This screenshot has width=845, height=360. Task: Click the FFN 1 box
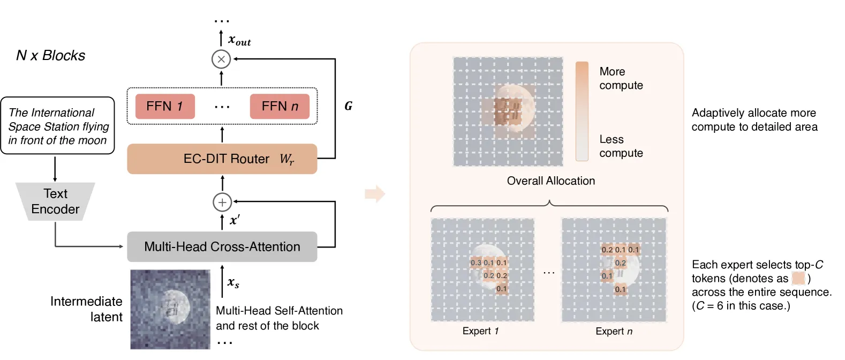[165, 107]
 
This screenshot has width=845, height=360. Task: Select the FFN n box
[280, 107]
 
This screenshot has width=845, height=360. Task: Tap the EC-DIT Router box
[222, 159]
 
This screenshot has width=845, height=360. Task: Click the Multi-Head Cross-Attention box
[222, 247]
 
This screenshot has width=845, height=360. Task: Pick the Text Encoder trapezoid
[55, 201]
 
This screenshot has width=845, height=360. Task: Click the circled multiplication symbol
[221, 59]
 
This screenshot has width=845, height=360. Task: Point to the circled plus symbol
[222, 202]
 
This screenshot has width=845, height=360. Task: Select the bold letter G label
[348, 106]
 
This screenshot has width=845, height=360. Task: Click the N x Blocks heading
[50, 56]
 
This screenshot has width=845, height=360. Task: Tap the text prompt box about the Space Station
[57, 126]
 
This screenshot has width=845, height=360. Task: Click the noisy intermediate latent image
[170, 310]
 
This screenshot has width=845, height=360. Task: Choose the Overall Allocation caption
[551, 181]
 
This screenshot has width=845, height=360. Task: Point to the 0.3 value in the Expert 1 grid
[476, 262]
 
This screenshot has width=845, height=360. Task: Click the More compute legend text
[621, 78]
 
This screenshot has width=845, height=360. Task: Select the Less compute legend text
[621, 146]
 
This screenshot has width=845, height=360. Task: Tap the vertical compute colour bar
[582, 111]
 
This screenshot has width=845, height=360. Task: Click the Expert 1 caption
[480, 331]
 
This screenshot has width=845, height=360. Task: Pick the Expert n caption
[614, 331]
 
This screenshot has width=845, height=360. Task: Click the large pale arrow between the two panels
[375, 194]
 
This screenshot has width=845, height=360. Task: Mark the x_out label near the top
[239, 40]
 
